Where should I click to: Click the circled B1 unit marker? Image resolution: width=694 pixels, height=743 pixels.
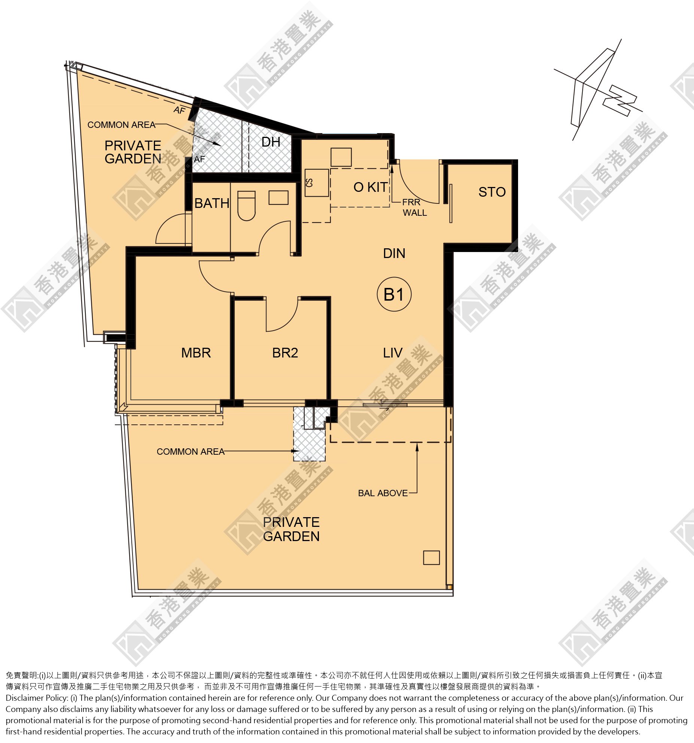point(394,295)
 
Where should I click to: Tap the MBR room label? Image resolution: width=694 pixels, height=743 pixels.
point(196,353)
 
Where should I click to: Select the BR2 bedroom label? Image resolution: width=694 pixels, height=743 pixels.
point(285,353)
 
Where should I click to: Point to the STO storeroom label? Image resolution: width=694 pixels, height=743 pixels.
point(492,192)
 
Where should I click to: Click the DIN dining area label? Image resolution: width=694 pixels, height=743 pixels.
point(394,253)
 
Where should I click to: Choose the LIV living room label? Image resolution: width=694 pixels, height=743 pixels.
point(393,353)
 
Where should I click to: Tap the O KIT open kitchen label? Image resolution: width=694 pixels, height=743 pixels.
point(371,187)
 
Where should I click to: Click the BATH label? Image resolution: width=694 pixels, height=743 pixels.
point(212,203)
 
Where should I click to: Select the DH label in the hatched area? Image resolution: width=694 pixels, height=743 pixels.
point(271,142)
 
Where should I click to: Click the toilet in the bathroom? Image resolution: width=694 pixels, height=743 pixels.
point(246,206)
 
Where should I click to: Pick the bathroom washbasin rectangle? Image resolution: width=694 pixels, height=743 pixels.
point(278,197)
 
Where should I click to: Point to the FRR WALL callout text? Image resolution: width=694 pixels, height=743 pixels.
point(414,207)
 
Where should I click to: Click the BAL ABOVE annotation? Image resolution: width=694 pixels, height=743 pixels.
point(383,493)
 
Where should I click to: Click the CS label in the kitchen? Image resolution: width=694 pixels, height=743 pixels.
point(309,182)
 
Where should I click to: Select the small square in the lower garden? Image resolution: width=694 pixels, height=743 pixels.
point(431,558)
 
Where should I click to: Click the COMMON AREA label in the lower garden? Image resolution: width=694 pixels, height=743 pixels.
point(191,451)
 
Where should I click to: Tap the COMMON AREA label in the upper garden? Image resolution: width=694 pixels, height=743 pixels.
point(121,125)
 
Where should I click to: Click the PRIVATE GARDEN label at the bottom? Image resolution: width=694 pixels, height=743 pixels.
point(291,529)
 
